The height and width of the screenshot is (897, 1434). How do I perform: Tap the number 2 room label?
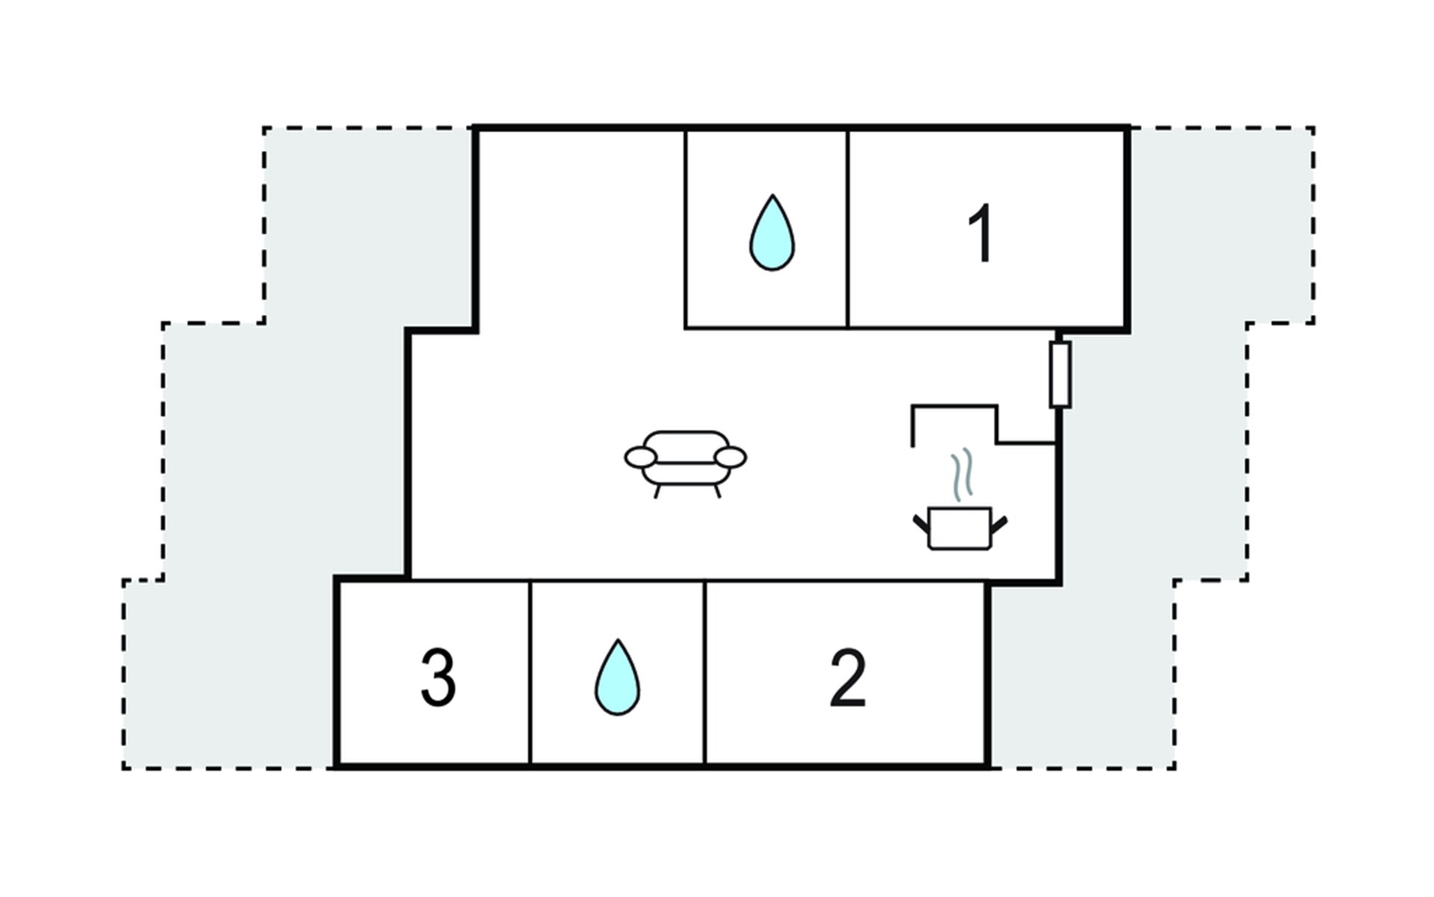coord(848,678)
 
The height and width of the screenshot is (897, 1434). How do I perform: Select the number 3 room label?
coord(438,678)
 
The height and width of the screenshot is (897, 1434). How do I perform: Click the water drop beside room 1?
coord(772,233)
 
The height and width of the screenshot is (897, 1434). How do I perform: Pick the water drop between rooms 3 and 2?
coord(617,678)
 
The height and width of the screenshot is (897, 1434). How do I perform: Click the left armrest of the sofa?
coord(640,457)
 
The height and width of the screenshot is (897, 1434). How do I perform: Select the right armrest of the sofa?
coord(730,457)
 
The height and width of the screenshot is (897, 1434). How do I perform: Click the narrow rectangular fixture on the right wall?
coord(1060,374)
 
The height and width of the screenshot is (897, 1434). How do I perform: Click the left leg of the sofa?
coord(657,491)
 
